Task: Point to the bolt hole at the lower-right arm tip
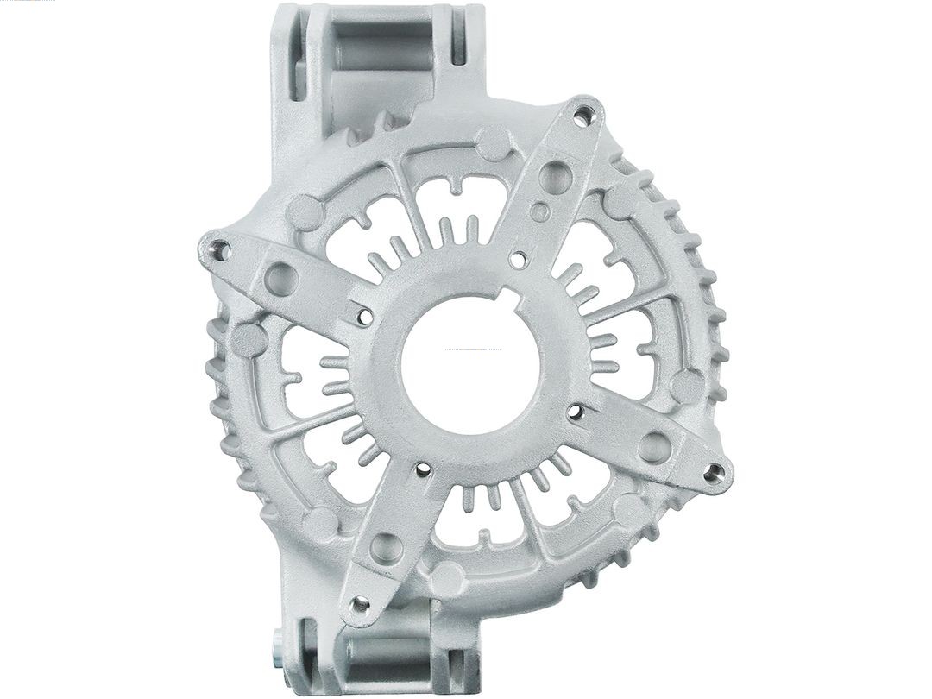(713, 471)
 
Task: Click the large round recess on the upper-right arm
(549, 178)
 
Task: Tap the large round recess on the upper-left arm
(282, 277)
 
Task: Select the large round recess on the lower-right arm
(654, 445)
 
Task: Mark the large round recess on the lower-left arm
(382, 545)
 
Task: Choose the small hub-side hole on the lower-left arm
(422, 471)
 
